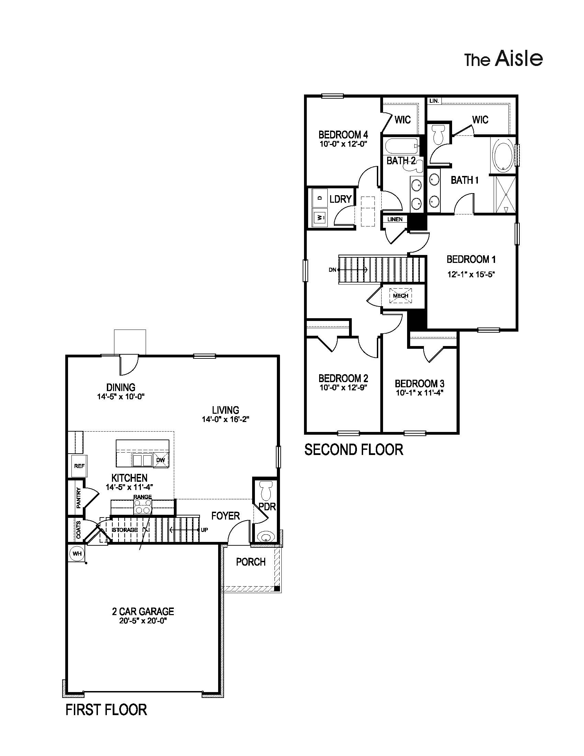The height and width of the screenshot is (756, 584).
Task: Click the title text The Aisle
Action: [x=503, y=59]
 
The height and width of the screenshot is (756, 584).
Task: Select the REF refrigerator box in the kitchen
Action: [x=79, y=466]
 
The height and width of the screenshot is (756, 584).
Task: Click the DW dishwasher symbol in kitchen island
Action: [x=160, y=460]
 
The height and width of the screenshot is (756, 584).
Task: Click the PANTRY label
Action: [x=79, y=498]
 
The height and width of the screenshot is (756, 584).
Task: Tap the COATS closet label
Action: [x=79, y=530]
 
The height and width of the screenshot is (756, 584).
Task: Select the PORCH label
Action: [x=251, y=562]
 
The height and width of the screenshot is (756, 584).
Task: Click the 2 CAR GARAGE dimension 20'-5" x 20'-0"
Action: [x=143, y=621]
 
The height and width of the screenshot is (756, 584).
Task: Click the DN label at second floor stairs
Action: [x=332, y=270]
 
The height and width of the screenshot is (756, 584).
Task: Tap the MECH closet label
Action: [x=400, y=296]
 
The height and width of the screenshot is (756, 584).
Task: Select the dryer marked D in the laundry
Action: [x=320, y=198]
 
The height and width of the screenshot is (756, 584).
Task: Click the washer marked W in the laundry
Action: [x=320, y=218]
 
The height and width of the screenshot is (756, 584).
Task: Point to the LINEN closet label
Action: [x=395, y=219]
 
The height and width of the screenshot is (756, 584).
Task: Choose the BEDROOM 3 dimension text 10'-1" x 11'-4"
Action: [x=420, y=392]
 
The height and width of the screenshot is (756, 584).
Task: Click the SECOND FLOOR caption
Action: [x=353, y=450]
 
